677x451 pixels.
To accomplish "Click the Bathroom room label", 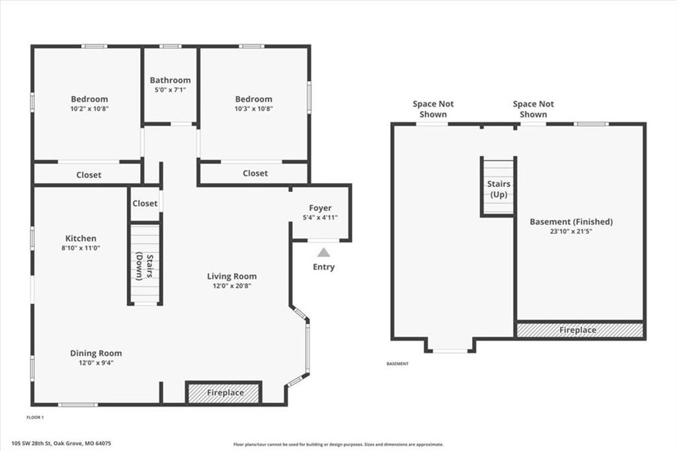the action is click(x=170, y=81).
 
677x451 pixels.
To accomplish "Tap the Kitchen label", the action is click(x=81, y=239).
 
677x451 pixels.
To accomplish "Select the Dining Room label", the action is click(x=96, y=353).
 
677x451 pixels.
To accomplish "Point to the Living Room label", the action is click(x=232, y=276).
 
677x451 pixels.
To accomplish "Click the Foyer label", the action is click(x=321, y=208).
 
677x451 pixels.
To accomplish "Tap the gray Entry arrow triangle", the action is click(x=324, y=253).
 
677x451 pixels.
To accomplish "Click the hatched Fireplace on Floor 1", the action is click(x=224, y=393).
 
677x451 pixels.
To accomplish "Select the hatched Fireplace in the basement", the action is click(x=580, y=331).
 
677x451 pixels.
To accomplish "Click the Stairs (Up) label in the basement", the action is click(x=498, y=189).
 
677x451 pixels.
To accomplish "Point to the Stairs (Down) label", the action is click(x=145, y=266).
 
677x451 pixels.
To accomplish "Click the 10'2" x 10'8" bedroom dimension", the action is click(x=89, y=109).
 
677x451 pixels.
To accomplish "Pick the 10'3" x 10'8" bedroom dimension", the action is click(x=254, y=109).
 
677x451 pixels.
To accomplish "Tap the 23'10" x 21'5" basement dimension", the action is click(x=571, y=231).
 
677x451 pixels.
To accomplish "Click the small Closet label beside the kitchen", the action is click(x=145, y=204).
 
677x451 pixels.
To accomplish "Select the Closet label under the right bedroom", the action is click(x=255, y=173).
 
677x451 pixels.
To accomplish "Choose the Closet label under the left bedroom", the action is click(x=89, y=175).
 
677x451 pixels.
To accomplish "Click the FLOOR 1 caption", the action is click(x=35, y=417).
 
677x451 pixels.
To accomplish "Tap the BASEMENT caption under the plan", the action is click(x=397, y=364).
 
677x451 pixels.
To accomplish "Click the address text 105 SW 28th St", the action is click(x=32, y=443).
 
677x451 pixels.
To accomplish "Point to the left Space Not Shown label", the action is click(x=433, y=109).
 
